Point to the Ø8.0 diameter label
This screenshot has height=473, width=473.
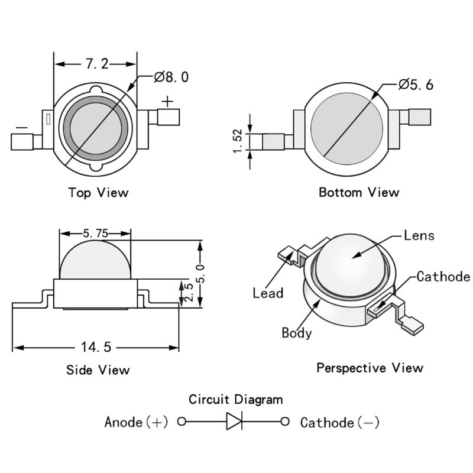pos(171,77)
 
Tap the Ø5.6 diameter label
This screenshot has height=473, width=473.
pos(416,85)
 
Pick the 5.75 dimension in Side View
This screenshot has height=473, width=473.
pos(95,234)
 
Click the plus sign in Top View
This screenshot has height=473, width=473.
pos(168,102)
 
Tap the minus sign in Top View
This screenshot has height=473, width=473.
pos(22,127)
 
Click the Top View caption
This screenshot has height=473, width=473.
pos(98,192)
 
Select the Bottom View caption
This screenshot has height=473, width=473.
pos(359,192)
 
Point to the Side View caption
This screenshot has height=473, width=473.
pos(98,370)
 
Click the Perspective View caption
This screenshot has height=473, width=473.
pos(370,368)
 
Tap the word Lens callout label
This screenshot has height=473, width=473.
pos(419,235)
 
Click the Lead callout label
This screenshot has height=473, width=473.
pos(268,293)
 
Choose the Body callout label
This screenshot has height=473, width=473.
pos(296,333)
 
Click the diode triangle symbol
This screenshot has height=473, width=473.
pos(234,422)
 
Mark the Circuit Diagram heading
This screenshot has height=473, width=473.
pos(235,400)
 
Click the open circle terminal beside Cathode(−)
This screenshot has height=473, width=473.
pos(285,422)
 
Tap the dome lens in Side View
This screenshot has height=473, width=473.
pos(95,260)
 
